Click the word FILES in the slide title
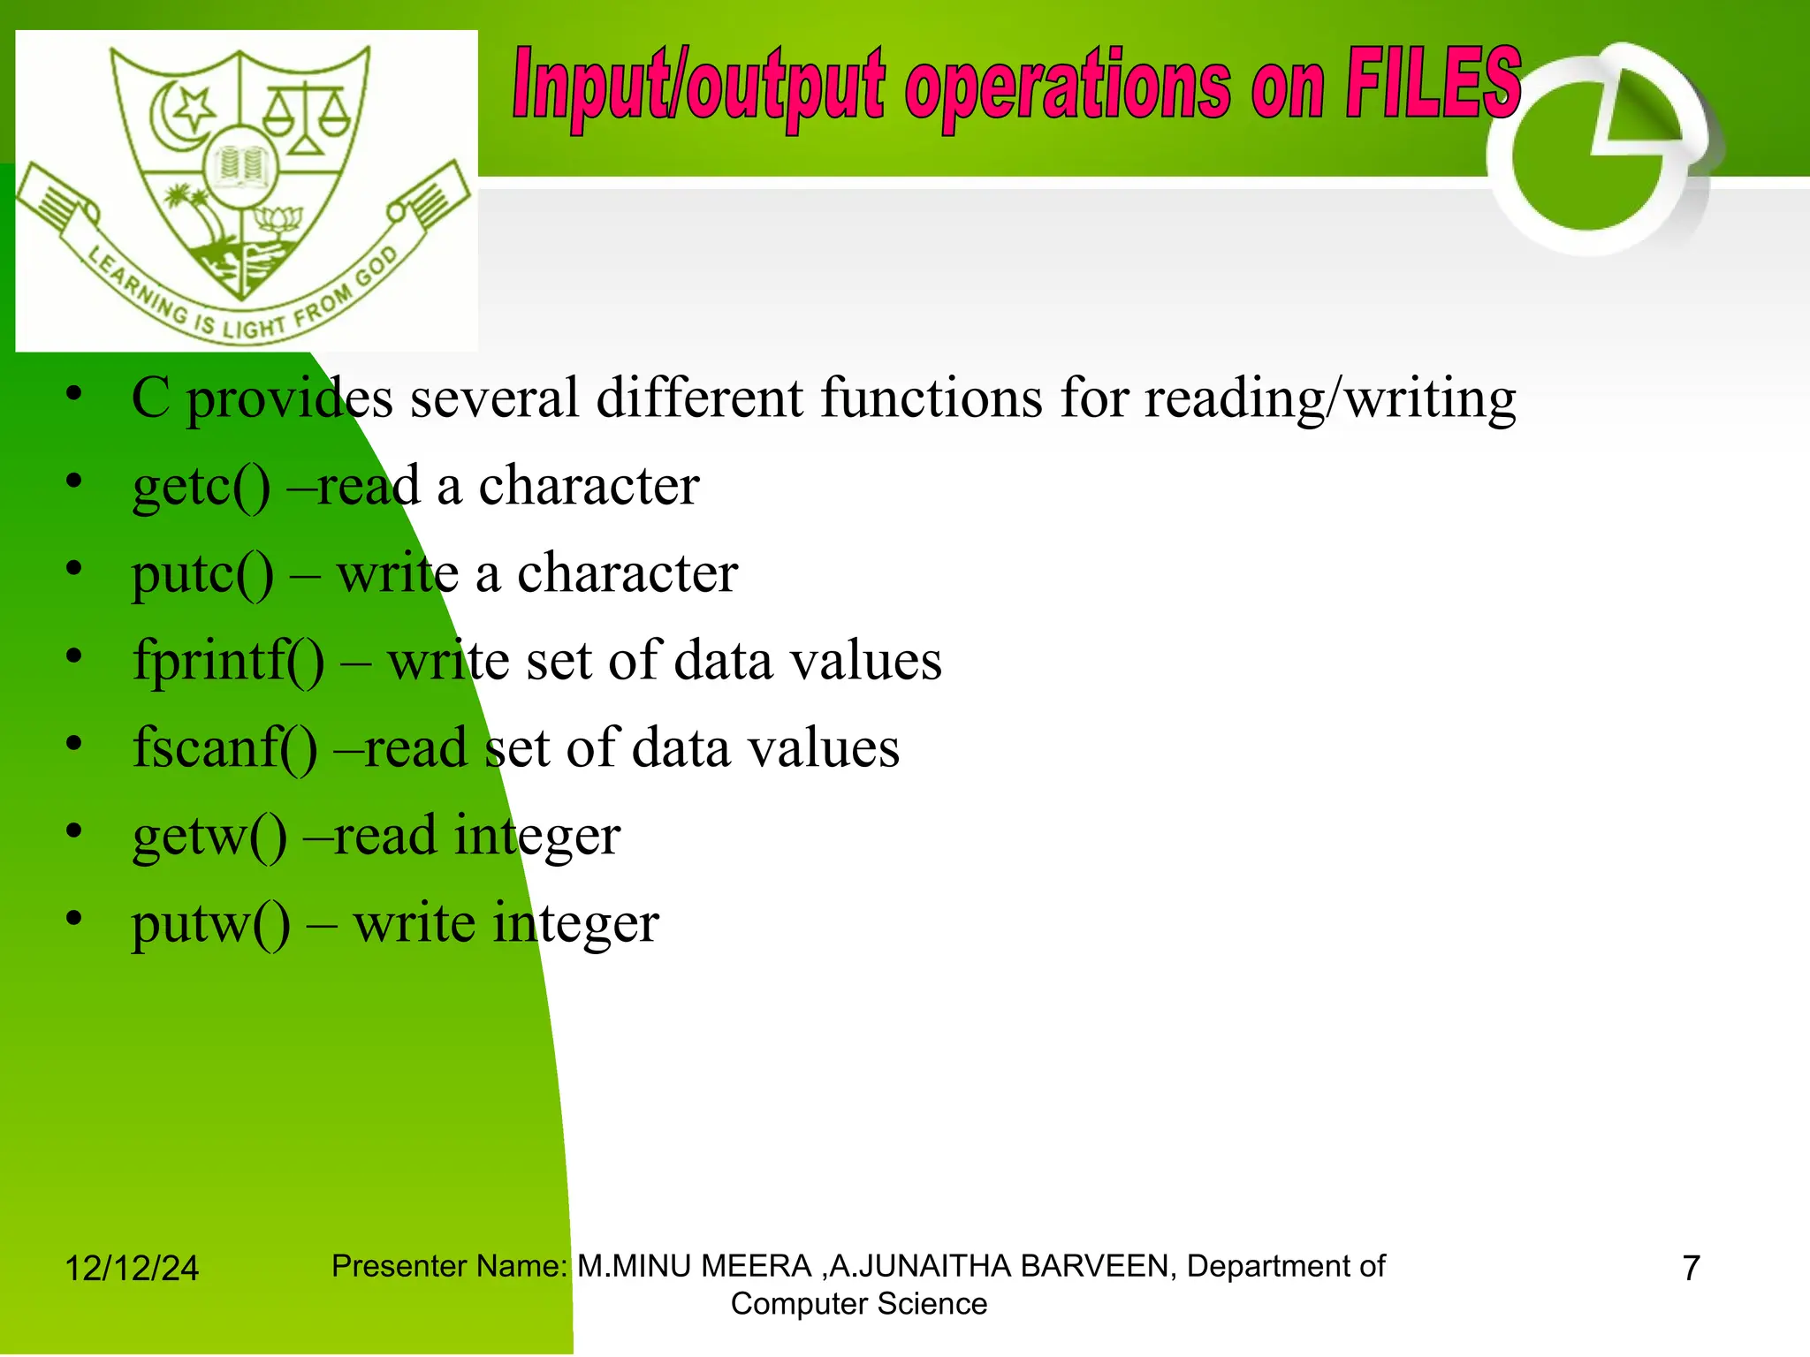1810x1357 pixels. click(x=1433, y=84)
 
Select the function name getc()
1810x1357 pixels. click(x=202, y=486)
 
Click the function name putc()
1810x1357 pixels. click(x=202, y=573)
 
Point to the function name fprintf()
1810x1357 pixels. click(x=228, y=661)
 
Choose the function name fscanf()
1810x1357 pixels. click(x=224, y=748)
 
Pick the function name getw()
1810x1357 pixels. click(x=209, y=836)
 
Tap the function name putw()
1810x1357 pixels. click(x=210, y=923)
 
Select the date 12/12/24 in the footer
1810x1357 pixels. click(x=132, y=1269)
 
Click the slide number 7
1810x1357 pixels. click(x=1691, y=1269)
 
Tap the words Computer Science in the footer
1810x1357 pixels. click(x=858, y=1304)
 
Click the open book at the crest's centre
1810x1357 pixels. click(x=241, y=165)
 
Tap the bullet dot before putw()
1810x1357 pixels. click(x=74, y=919)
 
